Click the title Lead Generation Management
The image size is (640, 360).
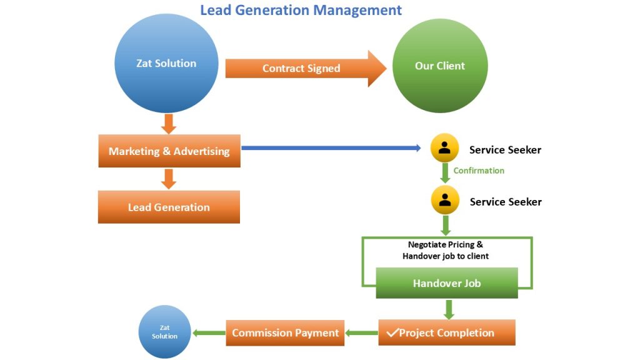click(301, 10)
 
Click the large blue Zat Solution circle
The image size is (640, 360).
click(167, 64)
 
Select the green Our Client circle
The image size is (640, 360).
click(440, 66)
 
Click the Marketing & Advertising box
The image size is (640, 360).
click(169, 151)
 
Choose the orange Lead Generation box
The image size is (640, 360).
click(169, 207)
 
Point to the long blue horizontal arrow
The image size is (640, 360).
click(331, 148)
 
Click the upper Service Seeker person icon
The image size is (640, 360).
click(445, 149)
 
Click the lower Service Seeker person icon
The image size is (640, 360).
click(445, 201)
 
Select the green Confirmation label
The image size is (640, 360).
click(479, 171)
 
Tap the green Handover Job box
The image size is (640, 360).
click(447, 283)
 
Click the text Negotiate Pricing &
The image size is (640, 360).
click(445, 244)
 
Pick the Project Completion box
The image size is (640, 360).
click(447, 332)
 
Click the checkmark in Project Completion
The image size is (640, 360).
click(392, 332)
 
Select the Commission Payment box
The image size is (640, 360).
click(286, 332)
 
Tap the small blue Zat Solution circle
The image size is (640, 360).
click(164, 332)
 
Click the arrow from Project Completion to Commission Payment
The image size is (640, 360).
click(361, 333)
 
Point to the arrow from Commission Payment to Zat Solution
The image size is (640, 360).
click(208, 333)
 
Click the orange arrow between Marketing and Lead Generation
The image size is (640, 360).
click(168, 179)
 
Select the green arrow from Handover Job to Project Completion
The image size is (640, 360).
click(448, 309)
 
